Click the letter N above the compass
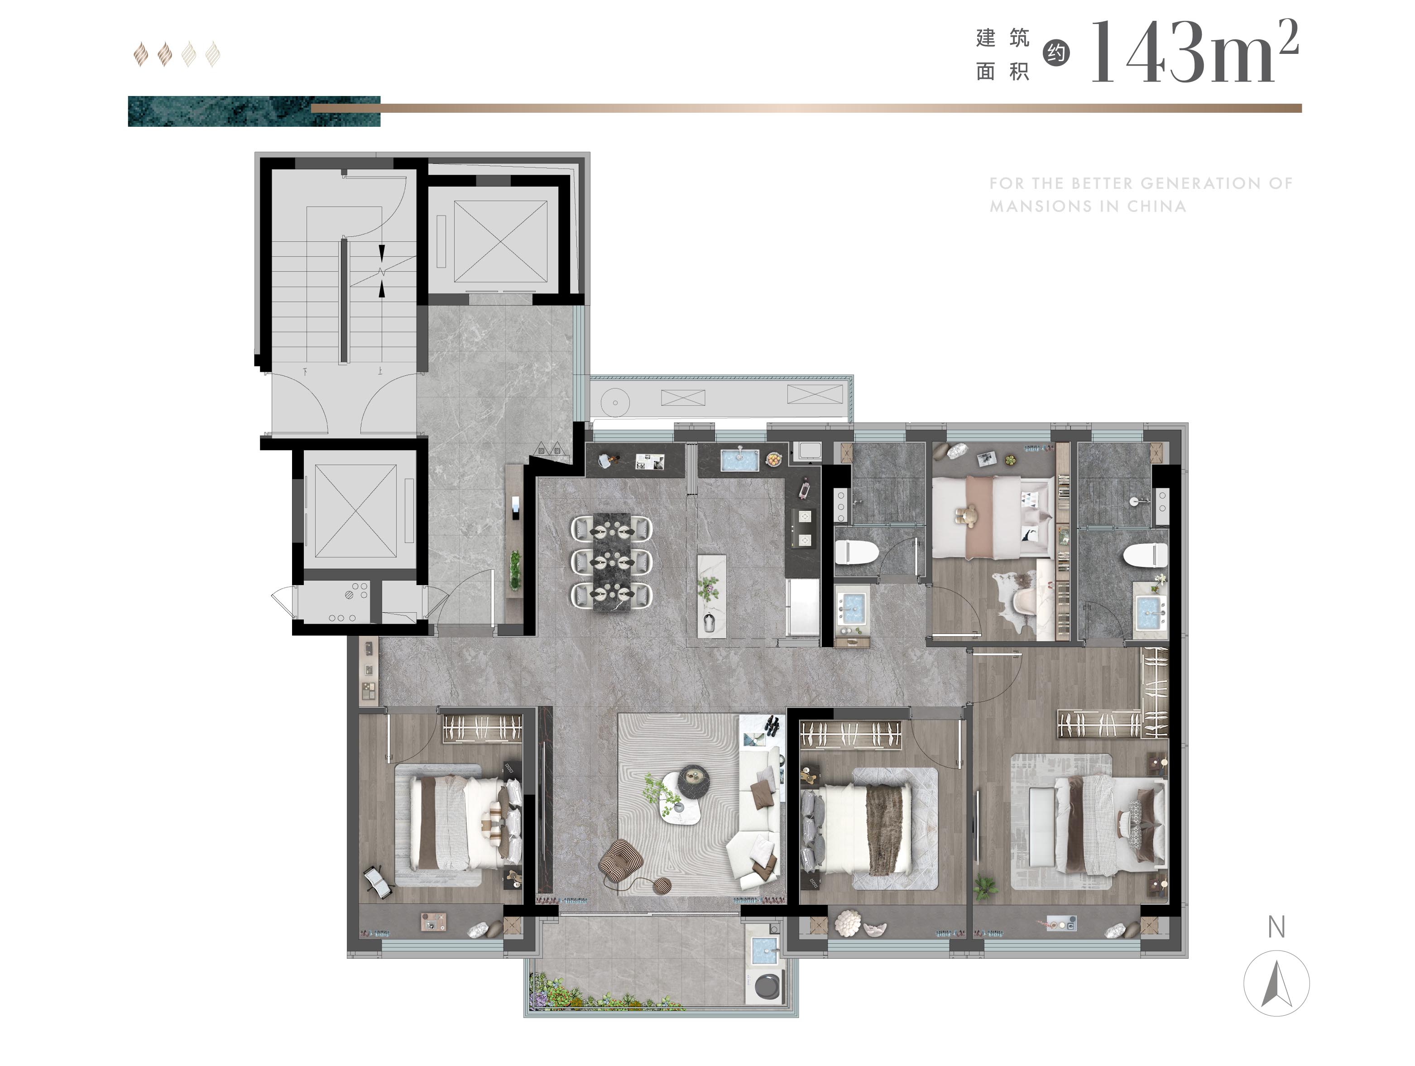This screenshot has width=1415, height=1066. coord(1276,927)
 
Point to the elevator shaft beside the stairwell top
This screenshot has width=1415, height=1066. coord(500,241)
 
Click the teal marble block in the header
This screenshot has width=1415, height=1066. coord(254,111)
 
